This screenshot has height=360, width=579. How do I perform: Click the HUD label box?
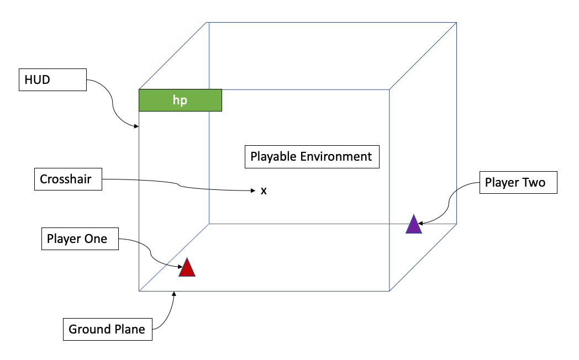click(x=52, y=80)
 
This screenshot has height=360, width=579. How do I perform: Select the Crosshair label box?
click(x=67, y=179)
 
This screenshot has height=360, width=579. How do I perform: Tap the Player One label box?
click(x=80, y=239)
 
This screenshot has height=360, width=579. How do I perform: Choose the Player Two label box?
click(x=518, y=182)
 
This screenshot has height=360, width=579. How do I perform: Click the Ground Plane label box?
click(x=107, y=330)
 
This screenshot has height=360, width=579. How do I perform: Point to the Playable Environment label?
click(x=312, y=156)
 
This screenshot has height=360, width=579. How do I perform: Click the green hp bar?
click(x=180, y=100)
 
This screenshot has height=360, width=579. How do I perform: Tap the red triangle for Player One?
click(x=187, y=268)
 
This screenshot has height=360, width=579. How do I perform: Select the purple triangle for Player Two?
click(x=414, y=225)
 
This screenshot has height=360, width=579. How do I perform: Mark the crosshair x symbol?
click(x=264, y=191)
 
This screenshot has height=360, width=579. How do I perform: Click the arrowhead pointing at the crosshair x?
click(x=253, y=190)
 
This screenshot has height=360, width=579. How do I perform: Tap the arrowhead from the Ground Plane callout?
click(x=174, y=294)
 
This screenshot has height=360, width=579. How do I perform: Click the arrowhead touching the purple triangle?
click(x=421, y=224)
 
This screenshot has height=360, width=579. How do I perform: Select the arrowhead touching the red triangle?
click(x=181, y=267)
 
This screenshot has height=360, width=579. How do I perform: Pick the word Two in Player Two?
click(x=534, y=182)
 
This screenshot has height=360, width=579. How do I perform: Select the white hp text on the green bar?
click(x=180, y=101)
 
